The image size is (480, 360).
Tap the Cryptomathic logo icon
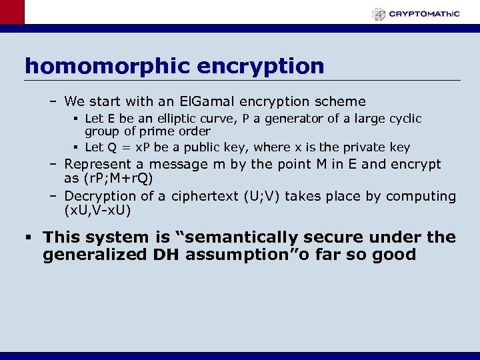pos(379,13)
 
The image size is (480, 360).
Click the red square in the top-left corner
pos(12,12)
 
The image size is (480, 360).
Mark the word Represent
pos(101,164)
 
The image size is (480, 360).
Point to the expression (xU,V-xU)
pos(97,211)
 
